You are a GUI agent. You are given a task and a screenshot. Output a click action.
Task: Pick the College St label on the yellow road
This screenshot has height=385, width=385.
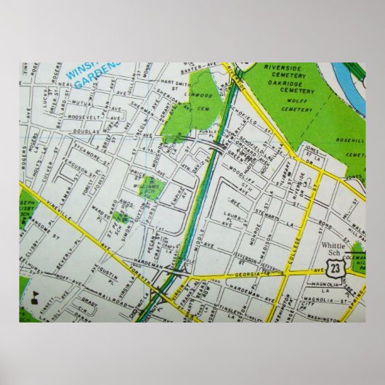285,245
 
